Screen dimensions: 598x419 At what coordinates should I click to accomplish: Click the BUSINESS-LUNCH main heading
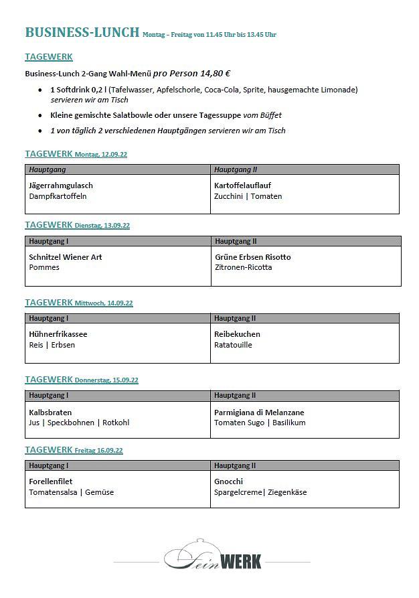pos(82,32)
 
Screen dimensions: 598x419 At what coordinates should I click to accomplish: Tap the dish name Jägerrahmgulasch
pos(61,185)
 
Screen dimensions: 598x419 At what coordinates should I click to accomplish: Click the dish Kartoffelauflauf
pos(242,185)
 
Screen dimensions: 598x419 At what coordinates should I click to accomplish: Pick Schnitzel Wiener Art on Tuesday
pos(65,257)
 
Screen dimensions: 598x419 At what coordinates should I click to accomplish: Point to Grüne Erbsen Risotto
pos(252,257)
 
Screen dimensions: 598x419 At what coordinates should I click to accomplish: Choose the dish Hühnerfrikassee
pos(58,334)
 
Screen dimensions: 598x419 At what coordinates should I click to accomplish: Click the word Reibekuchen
pos(237,334)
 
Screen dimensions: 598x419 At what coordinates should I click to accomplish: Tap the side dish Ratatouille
pos(233,345)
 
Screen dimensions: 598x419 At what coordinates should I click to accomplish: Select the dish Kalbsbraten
pos(50,413)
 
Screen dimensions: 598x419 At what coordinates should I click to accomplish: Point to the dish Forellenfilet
pos(51,481)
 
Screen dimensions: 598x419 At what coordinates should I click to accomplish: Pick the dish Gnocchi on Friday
pos(228,481)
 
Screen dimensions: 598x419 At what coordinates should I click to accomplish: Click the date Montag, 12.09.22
pos(101,155)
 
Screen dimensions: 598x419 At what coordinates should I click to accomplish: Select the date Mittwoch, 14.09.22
pos(104,303)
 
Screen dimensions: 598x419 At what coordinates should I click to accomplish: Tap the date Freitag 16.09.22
pos(99,451)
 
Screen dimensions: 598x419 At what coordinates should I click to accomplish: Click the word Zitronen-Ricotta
pos(244,268)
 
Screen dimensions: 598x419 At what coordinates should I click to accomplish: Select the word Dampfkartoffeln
pos(58,196)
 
